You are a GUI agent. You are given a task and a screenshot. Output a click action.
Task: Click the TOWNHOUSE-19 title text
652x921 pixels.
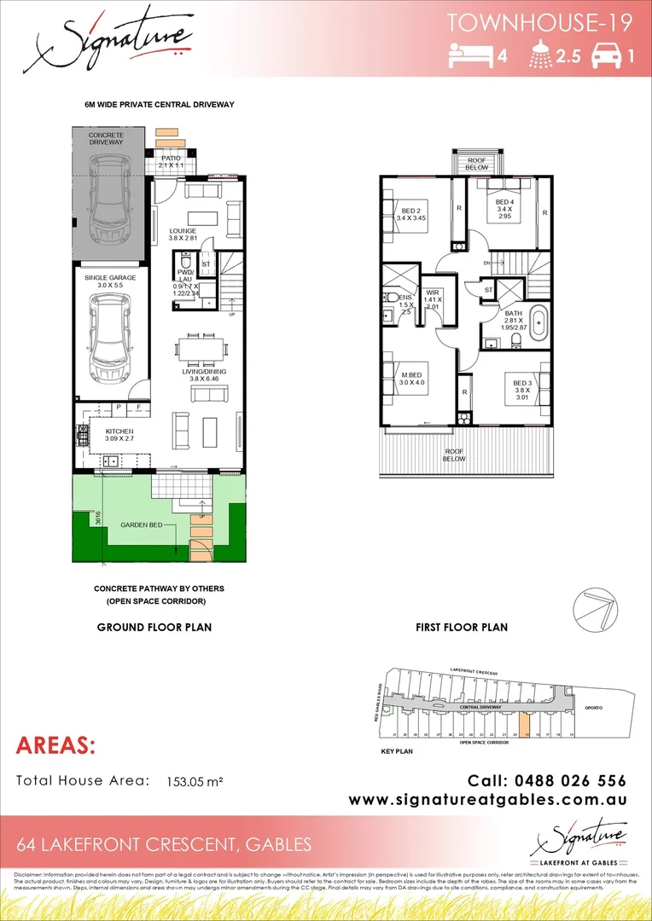point(538,23)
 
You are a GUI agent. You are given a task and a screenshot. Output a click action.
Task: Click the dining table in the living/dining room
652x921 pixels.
point(201,349)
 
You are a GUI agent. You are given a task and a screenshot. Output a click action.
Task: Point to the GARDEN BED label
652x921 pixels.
point(141,526)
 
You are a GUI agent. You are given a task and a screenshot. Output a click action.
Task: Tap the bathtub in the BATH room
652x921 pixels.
point(539,323)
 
